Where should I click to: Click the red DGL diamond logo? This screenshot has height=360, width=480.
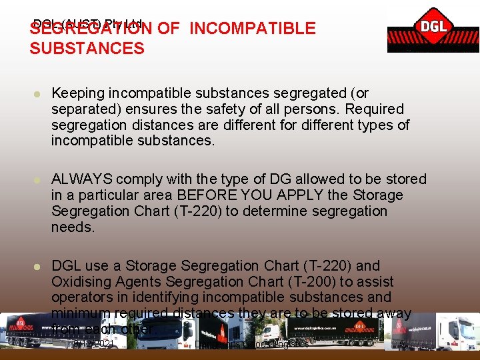(434, 28)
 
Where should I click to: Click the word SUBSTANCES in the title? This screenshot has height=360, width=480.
(87, 48)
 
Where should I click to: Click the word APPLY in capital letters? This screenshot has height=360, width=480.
(315, 195)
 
